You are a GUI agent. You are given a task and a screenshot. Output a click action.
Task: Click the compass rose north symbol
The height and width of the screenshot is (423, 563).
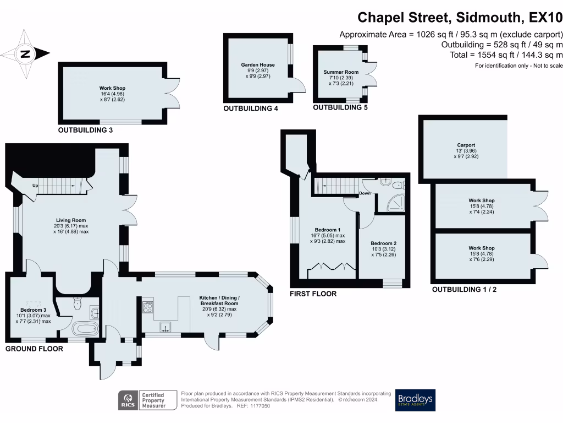click(x=25, y=54)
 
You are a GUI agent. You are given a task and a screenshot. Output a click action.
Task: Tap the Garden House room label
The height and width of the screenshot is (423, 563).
click(x=258, y=65)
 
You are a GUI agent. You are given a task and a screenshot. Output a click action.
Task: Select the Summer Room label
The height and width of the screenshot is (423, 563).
click(x=341, y=72)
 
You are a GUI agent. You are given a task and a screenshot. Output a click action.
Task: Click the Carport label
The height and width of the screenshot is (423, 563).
click(x=466, y=145)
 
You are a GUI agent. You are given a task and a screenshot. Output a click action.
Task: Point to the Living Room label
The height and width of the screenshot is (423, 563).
click(x=71, y=220)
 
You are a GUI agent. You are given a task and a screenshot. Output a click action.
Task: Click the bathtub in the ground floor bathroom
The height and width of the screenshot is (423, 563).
click(x=85, y=329)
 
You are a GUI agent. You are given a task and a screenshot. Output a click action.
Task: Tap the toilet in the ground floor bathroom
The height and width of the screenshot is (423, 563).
click(x=77, y=303)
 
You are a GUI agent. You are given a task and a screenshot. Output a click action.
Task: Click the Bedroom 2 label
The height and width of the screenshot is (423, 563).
click(x=383, y=243)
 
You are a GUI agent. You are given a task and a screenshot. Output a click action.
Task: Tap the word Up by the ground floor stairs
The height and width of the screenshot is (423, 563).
click(x=35, y=186)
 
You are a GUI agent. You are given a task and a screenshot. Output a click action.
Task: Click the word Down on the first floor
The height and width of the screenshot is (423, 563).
click(x=365, y=193)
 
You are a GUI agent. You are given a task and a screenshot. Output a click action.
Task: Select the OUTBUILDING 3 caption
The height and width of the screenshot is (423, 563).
click(x=85, y=130)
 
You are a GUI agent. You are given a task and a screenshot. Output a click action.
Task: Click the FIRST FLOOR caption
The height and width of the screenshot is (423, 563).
click(x=313, y=294)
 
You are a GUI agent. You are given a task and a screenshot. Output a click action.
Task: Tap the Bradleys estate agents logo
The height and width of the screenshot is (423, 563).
click(x=415, y=400)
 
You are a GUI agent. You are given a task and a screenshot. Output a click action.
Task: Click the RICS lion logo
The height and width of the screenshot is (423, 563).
click(x=128, y=400)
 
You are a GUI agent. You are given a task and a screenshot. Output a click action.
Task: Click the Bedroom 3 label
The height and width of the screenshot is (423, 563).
click(x=33, y=310)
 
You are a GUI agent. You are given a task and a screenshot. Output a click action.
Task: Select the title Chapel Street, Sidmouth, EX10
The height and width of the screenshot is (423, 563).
click(x=460, y=17)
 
